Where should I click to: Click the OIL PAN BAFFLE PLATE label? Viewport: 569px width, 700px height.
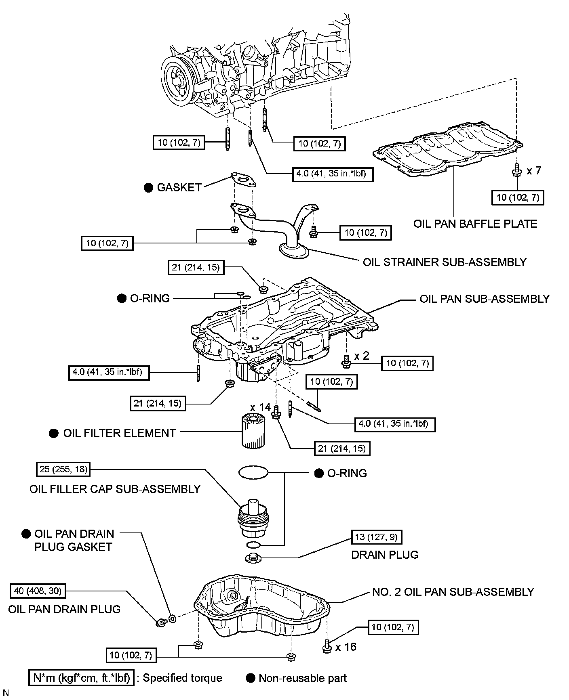coord(475,224)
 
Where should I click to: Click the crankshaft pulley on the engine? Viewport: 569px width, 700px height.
coord(178,80)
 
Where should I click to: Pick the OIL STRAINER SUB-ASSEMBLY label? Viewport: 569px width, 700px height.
coord(445,262)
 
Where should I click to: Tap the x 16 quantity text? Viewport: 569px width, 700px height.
coord(346,647)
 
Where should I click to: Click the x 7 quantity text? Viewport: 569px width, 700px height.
coord(534,171)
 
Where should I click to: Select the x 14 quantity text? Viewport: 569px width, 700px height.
coord(260,407)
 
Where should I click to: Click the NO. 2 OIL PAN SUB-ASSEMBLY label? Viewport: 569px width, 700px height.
coord(453,592)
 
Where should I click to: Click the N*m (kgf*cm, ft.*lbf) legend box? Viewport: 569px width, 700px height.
coord(81,678)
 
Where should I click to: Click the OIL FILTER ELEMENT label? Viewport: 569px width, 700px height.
coord(120,433)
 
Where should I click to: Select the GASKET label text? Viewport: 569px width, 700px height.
coord(179,187)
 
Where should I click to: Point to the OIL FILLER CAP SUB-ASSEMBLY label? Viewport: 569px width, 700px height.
coord(115,489)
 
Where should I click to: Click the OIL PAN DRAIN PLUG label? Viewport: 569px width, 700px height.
coord(64,609)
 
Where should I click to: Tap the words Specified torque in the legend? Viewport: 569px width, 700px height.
coord(182,678)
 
